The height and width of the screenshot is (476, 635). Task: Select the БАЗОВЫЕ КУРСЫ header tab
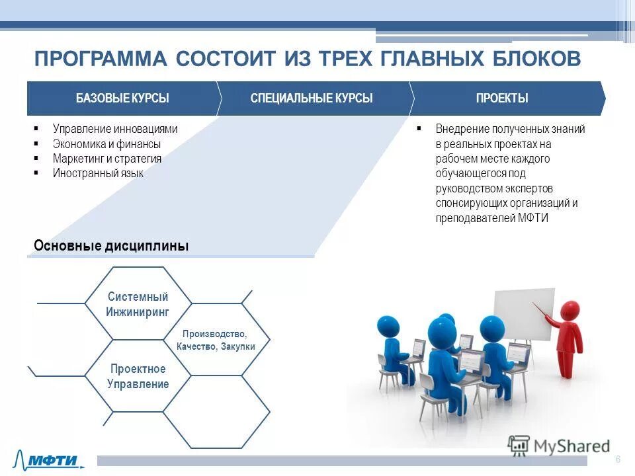click(122, 99)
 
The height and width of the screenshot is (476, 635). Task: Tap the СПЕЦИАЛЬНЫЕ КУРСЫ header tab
click(312, 99)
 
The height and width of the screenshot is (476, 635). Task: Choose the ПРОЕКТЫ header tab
click(502, 99)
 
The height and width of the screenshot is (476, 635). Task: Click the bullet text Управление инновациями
click(115, 130)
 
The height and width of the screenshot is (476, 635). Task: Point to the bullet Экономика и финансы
click(106, 144)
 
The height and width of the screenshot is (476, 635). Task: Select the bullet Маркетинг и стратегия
click(107, 159)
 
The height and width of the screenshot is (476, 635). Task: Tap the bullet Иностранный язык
click(98, 173)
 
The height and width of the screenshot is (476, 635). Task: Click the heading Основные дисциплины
click(111, 246)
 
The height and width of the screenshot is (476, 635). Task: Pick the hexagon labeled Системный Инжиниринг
click(138, 304)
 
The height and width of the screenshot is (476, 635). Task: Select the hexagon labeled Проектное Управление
click(138, 376)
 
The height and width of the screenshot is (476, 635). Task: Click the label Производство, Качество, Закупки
click(215, 340)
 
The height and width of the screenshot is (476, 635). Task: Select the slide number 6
click(618, 459)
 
